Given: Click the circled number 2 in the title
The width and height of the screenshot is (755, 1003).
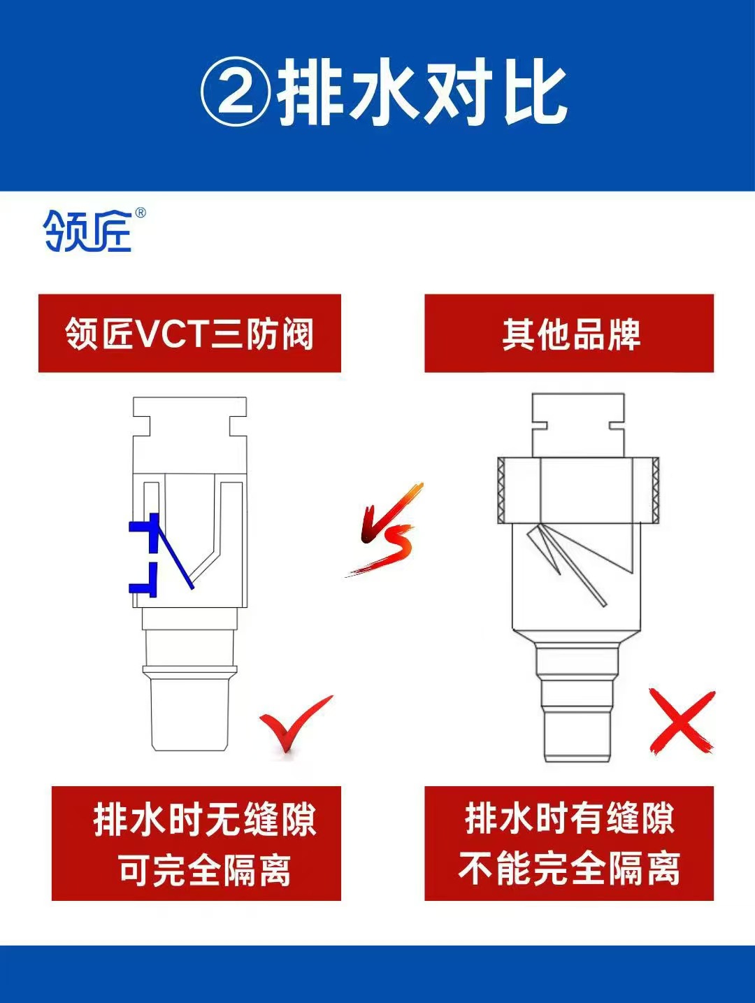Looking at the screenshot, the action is pyautogui.click(x=236, y=92).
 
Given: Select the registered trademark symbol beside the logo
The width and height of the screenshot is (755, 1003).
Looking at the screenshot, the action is pyautogui.click(x=140, y=213).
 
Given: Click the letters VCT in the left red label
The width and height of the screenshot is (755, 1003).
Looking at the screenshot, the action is pyautogui.click(x=173, y=334).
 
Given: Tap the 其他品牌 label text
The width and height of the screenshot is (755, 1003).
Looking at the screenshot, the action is pyautogui.click(x=570, y=334).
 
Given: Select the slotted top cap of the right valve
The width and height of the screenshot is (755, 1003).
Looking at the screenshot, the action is pyautogui.click(x=577, y=425).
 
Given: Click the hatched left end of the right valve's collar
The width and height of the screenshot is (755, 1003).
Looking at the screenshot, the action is pyautogui.click(x=502, y=491).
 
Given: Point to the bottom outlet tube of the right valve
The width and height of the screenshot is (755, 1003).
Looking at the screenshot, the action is pyautogui.click(x=578, y=734).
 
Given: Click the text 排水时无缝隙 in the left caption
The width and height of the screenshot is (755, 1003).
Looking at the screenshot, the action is pyautogui.click(x=205, y=820).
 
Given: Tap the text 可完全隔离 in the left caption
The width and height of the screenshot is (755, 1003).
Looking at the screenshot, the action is pyautogui.click(x=203, y=871).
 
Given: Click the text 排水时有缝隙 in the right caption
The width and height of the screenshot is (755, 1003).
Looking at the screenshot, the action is pyautogui.click(x=570, y=819).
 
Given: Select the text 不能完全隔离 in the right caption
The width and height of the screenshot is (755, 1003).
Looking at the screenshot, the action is pyautogui.click(x=569, y=870).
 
